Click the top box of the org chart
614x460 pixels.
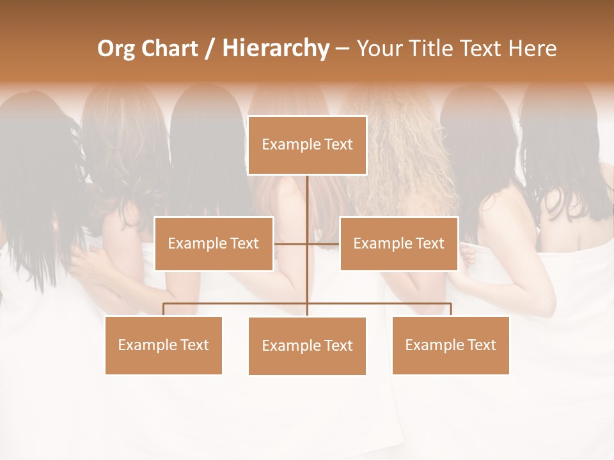coord(307,145)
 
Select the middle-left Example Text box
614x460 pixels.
coord(214,243)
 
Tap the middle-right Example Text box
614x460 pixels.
coord(398,243)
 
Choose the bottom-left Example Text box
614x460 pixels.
coord(163,345)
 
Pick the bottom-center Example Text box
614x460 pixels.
coord(307,346)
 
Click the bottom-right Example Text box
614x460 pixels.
coord(450,345)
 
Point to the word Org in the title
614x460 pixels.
coord(116,49)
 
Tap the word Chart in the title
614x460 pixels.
coord(169,49)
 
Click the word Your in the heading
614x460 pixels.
coord(379,49)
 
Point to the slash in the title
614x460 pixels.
coord(209,49)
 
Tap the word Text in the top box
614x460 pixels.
coord(338,144)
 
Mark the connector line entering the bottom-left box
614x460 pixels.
coord(163,309)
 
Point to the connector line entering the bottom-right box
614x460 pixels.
coord(451,309)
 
